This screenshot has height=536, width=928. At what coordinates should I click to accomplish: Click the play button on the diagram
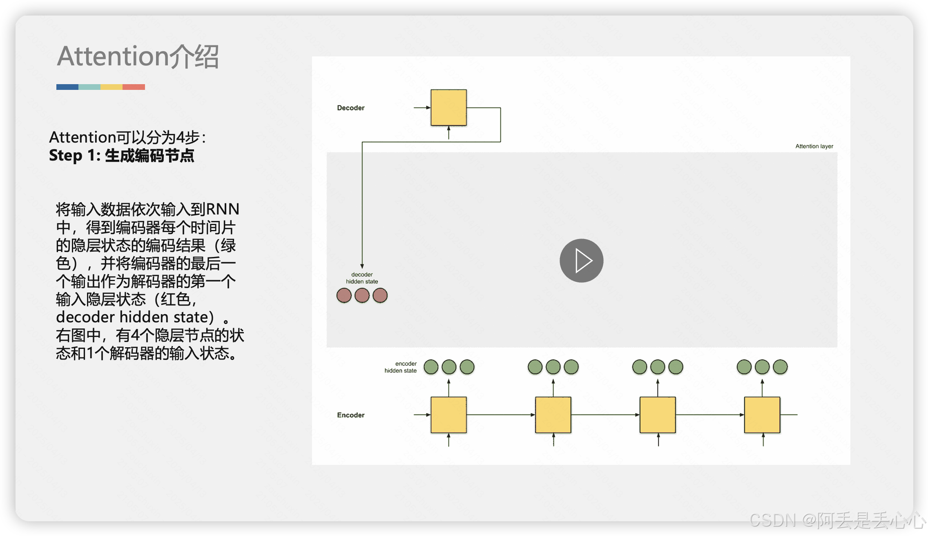[x=581, y=261]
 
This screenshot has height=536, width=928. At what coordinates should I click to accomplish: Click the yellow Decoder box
[x=448, y=107]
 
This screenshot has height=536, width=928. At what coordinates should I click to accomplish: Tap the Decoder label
[x=350, y=108]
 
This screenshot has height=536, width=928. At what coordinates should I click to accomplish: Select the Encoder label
[x=350, y=415]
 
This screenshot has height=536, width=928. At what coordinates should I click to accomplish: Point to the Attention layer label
[x=814, y=146]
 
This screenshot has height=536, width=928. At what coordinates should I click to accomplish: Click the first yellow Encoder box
[x=448, y=415]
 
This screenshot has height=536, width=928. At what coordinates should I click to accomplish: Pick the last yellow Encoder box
[x=762, y=415]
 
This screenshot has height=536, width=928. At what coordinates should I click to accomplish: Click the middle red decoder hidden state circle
[x=362, y=295]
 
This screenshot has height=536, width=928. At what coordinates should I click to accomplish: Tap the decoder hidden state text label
[x=362, y=278]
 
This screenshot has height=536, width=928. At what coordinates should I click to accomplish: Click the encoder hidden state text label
[x=401, y=367]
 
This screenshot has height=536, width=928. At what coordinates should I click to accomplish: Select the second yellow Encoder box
[x=553, y=415]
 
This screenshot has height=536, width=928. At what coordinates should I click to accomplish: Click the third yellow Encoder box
[x=658, y=415]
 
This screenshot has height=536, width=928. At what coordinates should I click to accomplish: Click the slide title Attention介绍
[x=138, y=56]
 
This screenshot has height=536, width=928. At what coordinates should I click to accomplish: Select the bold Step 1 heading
[x=121, y=156]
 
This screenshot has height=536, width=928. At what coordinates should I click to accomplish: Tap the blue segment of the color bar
[x=67, y=87]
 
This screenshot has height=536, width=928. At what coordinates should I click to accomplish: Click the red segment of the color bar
[x=134, y=87]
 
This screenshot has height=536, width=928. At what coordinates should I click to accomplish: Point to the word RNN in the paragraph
[x=223, y=209]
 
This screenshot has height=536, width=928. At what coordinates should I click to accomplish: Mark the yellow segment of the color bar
[x=112, y=87]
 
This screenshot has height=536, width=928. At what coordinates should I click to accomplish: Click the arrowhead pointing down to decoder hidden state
[x=362, y=266]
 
